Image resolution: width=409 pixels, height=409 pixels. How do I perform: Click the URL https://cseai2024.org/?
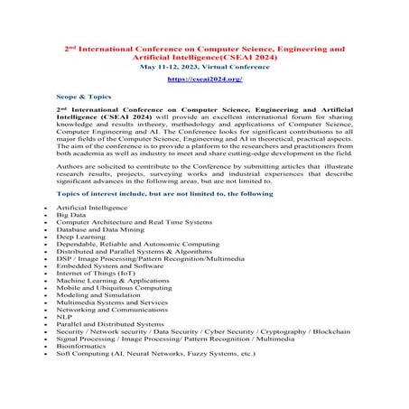(x=205, y=79)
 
